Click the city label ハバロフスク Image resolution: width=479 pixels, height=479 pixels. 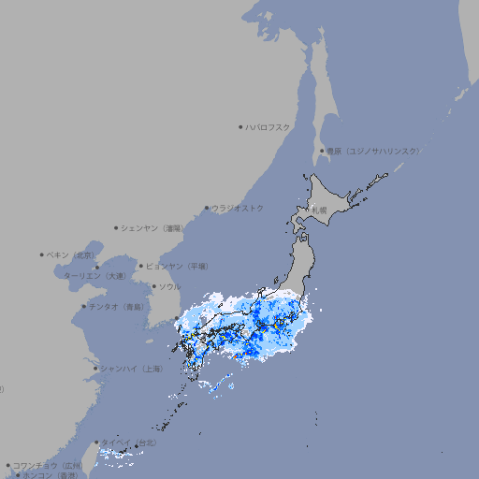coord(269,126)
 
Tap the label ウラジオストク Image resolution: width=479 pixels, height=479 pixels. coord(238,208)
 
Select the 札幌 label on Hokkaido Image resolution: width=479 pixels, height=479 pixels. coord(320,210)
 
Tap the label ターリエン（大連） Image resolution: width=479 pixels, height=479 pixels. coord(95,276)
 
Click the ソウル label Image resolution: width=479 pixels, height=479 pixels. coord(169,286)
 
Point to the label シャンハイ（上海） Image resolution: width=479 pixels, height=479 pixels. coord(131,369)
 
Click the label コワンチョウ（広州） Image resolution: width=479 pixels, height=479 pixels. coord(48,465)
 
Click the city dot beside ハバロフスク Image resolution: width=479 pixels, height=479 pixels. coord(240,126)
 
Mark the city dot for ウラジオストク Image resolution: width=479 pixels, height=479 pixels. coord(207,208)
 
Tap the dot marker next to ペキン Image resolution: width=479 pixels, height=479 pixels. coord(42,254)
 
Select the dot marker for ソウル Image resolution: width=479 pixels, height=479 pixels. coord(152,286)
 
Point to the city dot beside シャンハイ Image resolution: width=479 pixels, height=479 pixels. coord(95,369)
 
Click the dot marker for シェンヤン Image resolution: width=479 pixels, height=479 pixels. coord(116,227)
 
